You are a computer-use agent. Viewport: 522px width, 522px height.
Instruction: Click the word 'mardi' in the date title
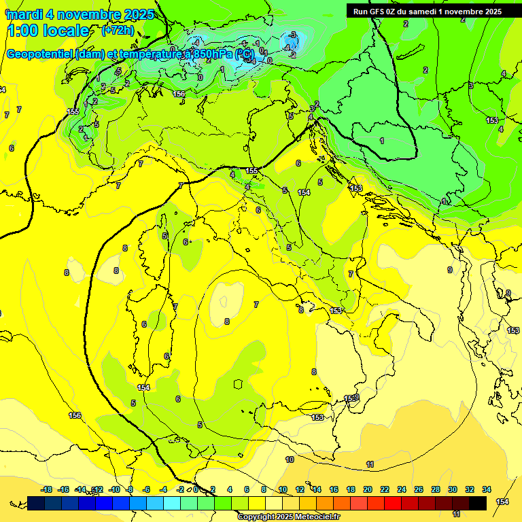(23, 14)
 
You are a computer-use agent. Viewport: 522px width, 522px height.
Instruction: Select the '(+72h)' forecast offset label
(118, 31)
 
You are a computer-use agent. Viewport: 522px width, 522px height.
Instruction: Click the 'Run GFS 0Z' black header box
(427, 11)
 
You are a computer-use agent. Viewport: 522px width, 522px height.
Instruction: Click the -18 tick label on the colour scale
(46, 490)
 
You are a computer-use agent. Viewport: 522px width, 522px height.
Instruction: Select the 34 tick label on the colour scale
(487, 490)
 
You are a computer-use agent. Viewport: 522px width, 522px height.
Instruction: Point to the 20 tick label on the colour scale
(368, 490)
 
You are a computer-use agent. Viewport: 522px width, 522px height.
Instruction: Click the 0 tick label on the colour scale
(196, 490)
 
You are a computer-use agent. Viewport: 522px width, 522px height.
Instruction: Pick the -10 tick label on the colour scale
(114, 490)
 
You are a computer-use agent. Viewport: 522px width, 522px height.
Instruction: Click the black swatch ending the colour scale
(478, 503)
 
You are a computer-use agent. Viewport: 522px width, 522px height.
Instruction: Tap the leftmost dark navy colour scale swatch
(36, 503)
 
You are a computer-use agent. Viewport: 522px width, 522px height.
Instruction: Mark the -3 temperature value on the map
(292, 35)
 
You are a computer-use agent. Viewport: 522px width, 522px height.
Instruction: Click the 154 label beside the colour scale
(502, 502)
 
